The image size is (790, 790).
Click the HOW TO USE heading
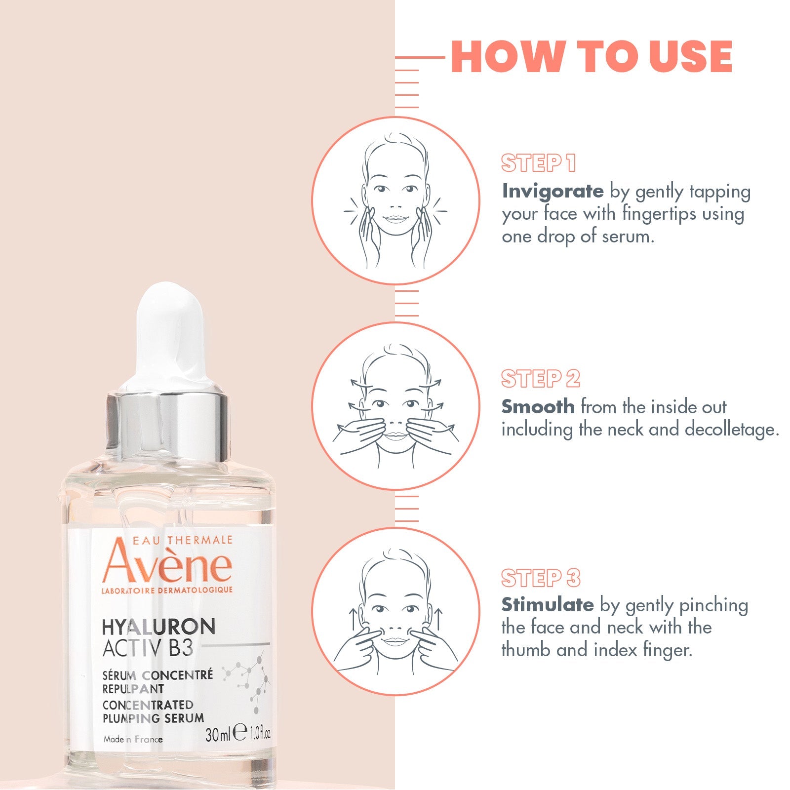point(592,56)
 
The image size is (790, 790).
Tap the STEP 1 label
point(539,163)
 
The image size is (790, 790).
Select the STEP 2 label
point(541,379)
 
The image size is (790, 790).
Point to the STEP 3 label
point(541,578)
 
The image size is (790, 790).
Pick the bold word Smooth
point(538,406)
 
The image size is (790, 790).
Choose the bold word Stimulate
point(548,604)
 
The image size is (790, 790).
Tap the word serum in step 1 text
point(628,237)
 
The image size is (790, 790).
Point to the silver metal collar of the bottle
point(167,425)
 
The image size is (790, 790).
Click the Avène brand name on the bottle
point(167,563)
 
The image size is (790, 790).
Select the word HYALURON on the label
point(158,627)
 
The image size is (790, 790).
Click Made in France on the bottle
point(133,739)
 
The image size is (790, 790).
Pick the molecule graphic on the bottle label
point(247,681)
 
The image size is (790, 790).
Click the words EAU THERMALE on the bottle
point(182,540)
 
